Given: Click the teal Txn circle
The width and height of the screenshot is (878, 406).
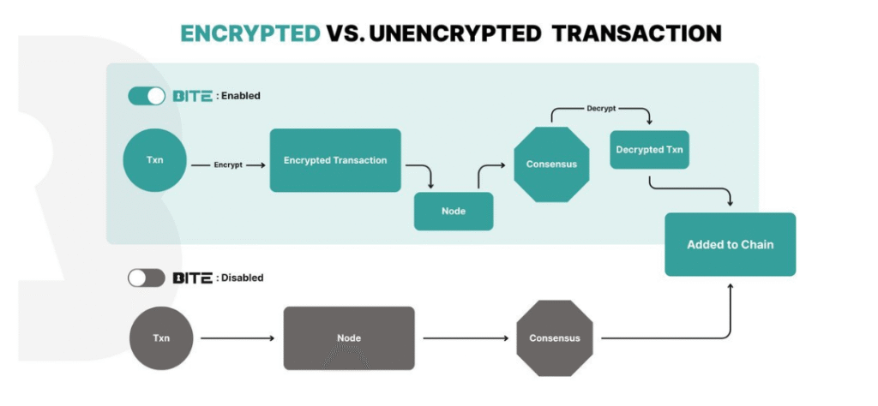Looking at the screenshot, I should (155, 160).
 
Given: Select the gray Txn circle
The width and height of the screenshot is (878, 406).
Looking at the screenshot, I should (161, 337).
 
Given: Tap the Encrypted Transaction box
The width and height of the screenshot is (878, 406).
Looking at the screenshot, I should (335, 160).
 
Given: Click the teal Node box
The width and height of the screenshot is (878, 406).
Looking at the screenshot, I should (454, 212).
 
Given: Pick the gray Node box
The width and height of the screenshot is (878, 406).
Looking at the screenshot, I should (349, 337).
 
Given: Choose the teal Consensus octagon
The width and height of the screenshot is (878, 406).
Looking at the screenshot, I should (551, 164).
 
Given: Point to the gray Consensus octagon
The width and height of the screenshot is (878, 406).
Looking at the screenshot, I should (555, 338).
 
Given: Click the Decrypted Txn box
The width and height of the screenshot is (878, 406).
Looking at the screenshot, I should (650, 150).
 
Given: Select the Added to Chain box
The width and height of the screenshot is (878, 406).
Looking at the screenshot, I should (730, 244).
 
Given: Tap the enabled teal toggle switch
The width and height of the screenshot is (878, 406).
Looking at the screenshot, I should (147, 96).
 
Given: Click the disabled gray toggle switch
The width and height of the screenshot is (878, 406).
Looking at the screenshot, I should (146, 278).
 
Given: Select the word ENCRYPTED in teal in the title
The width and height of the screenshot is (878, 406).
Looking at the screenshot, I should (250, 33).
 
